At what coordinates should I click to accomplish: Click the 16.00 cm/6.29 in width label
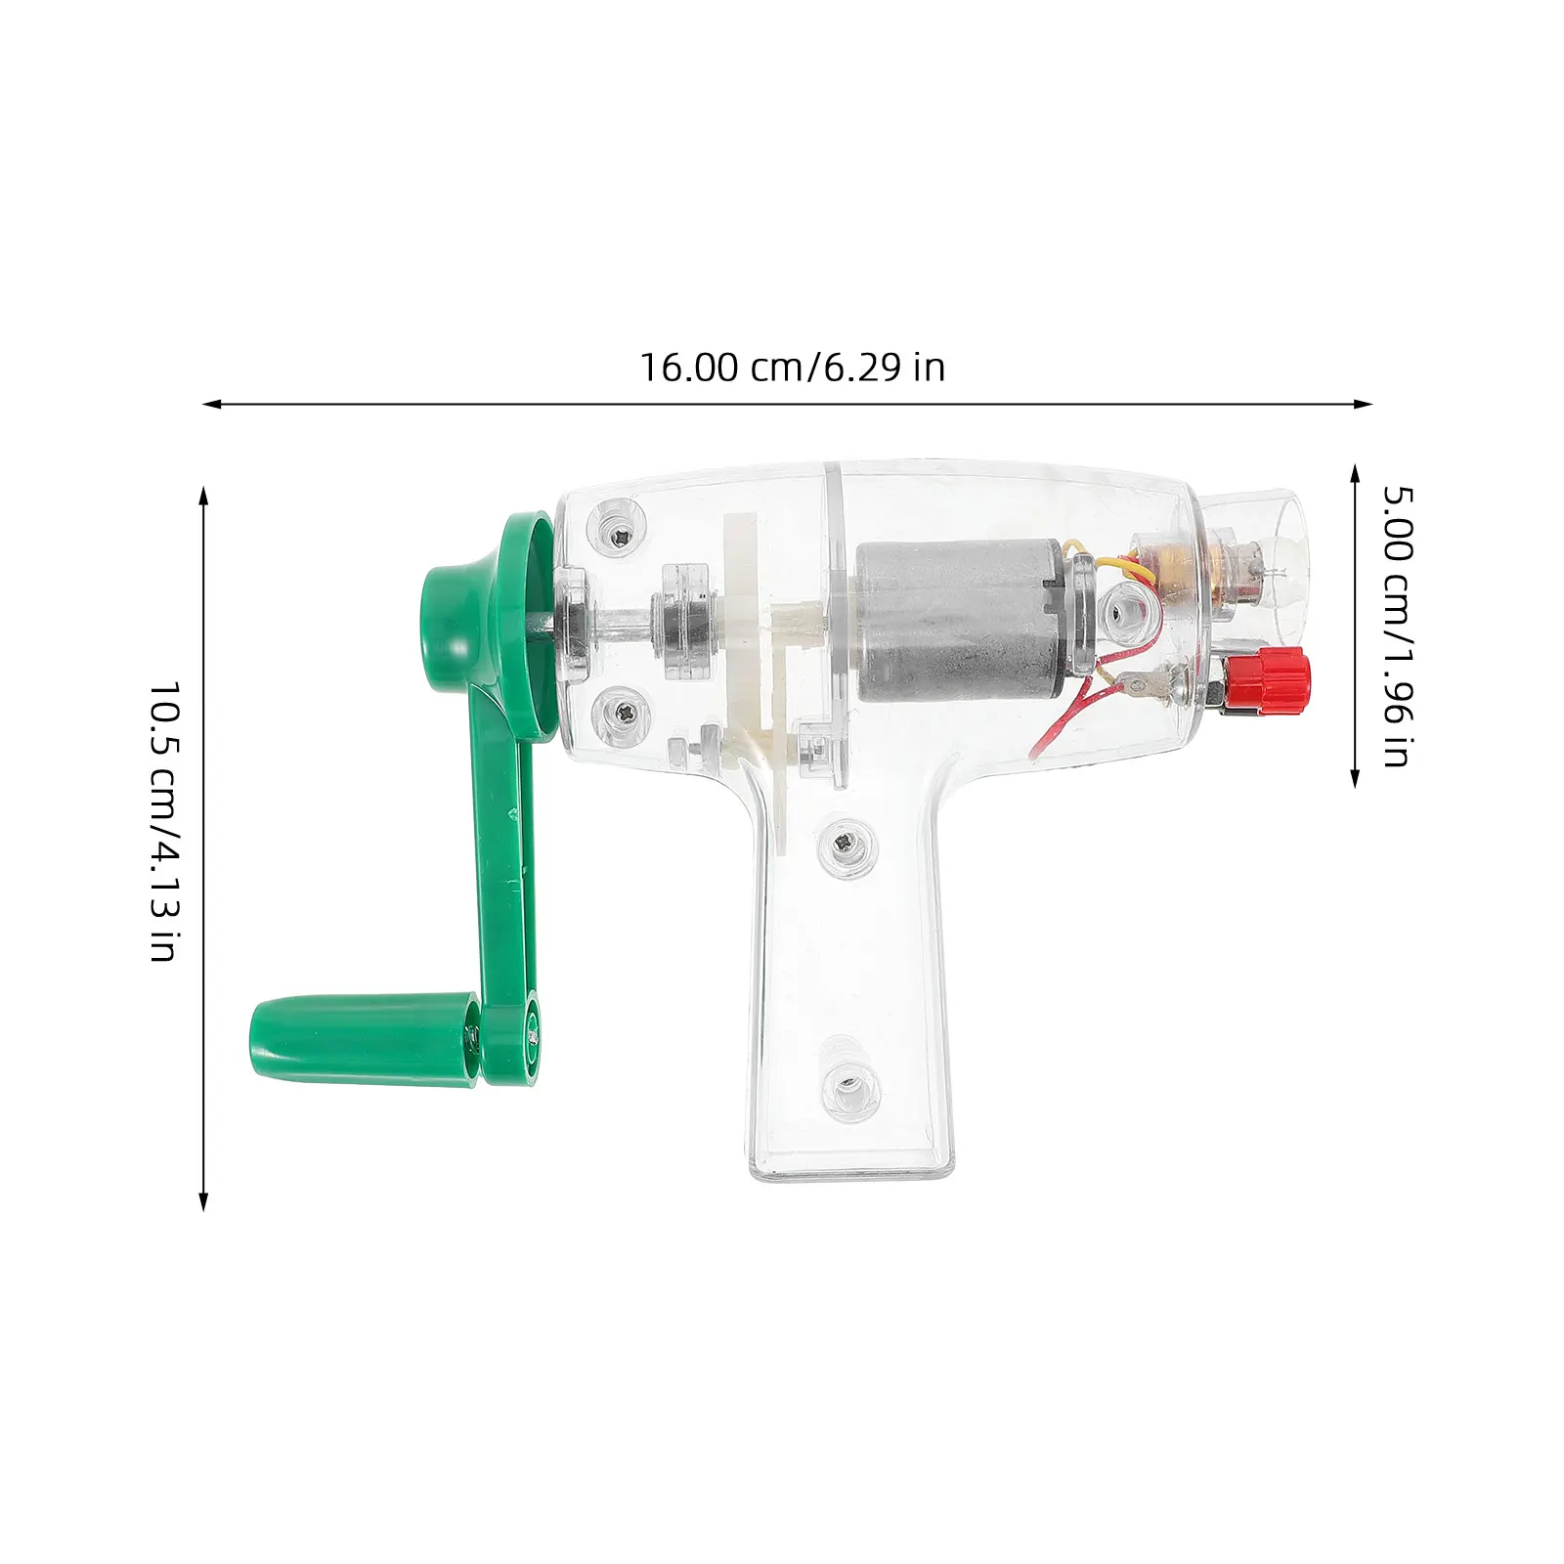(792, 368)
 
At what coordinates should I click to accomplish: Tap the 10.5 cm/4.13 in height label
(164, 822)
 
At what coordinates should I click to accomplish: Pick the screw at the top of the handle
(847, 842)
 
